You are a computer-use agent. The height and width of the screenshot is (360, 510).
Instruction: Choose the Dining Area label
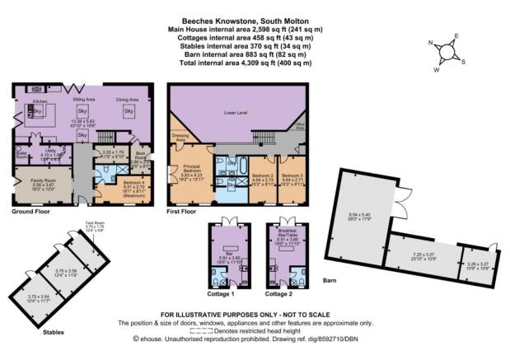pyautogui.click(x=127, y=99)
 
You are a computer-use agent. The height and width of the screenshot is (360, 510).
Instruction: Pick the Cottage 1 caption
pyautogui.click(x=222, y=293)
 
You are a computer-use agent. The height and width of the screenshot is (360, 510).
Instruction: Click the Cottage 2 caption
pyautogui.click(x=278, y=293)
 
